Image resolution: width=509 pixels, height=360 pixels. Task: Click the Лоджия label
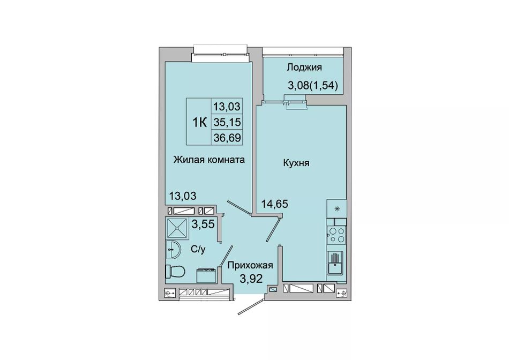click(304, 67)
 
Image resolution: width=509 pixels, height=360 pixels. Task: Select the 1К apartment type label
click(199, 122)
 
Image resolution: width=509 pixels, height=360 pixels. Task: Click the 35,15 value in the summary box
click(227, 122)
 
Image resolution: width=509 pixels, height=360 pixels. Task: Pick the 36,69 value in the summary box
click(227, 138)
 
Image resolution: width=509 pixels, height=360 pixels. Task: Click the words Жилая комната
click(209, 160)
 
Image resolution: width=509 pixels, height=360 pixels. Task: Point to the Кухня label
click(296, 163)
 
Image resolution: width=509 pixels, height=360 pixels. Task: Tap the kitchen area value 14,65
click(275, 204)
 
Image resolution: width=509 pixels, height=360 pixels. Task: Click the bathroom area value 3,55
click(203, 224)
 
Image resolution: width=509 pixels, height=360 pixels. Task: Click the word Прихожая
click(250, 265)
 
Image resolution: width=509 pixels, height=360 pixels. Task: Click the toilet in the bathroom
click(175, 271)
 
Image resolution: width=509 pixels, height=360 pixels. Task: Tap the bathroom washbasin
click(173, 250)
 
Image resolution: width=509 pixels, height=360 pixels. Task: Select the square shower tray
click(177, 229)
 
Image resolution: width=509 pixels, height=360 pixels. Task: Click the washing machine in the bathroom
click(206, 275)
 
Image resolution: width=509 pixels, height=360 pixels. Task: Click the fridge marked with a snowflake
click(336, 209)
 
